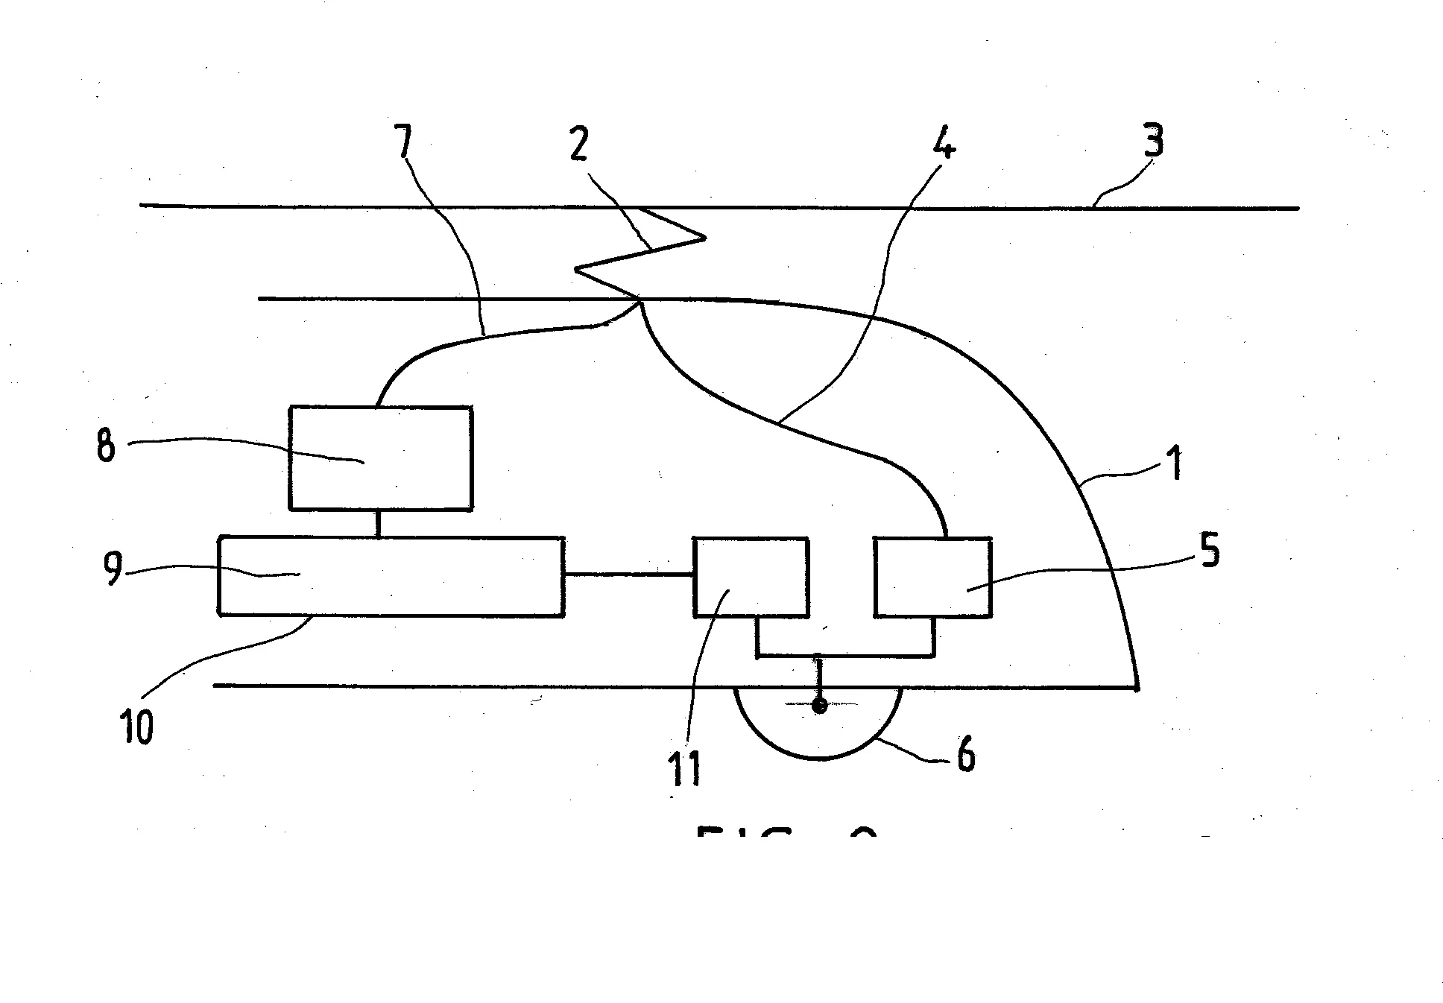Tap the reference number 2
[x=578, y=144]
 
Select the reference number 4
[x=943, y=144]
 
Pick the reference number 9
[x=113, y=569]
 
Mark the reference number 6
[x=965, y=756]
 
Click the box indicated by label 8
[x=380, y=458]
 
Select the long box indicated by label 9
[x=391, y=576]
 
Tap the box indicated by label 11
[x=751, y=577]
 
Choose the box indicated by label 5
[x=932, y=577]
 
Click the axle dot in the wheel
[x=819, y=705]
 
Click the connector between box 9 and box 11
[x=628, y=575]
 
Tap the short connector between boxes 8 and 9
[x=379, y=523]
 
